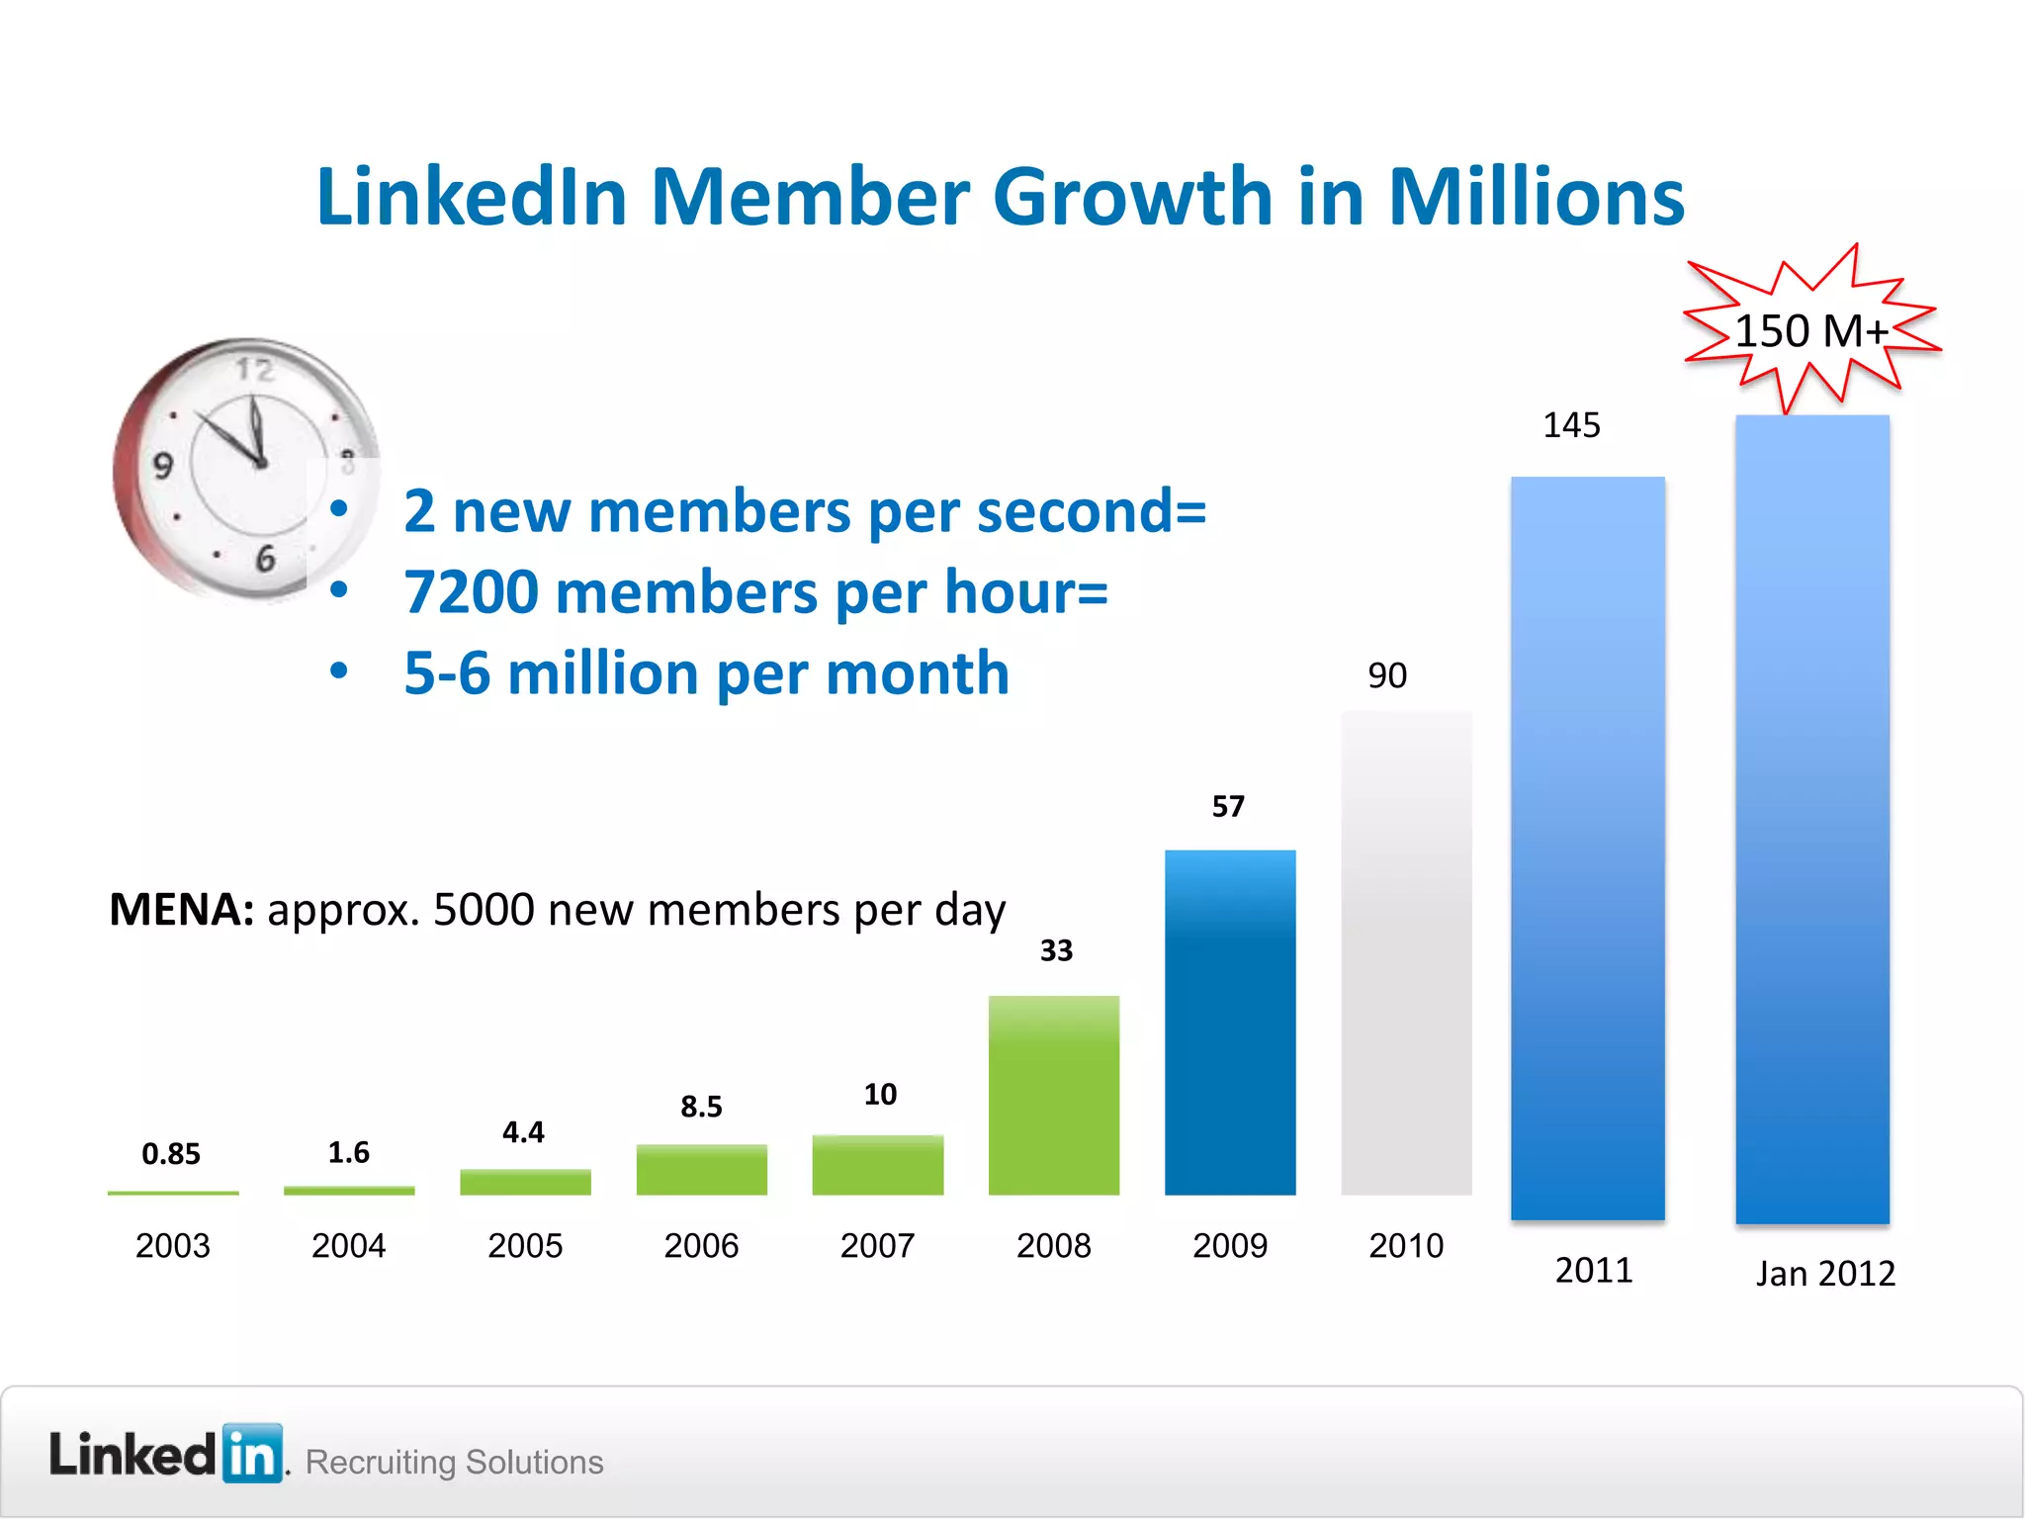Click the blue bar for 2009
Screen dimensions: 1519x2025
pos(1230,1023)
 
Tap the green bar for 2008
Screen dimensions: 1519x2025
pos(1054,1095)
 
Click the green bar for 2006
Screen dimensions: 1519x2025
pos(701,1169)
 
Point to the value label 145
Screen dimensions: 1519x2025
pos(1571,425)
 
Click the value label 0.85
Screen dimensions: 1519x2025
pos(171,1153)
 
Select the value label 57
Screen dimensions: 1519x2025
pos(1228,806)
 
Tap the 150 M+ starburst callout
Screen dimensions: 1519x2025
pos(1811,330)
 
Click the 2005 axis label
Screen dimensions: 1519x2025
pos(525,1245)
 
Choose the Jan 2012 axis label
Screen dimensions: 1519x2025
pos(1825,1273)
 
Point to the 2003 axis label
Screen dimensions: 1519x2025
pos(173,1245)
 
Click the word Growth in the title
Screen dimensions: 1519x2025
pos(1132,196)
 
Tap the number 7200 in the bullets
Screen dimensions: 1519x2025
pos(470,592)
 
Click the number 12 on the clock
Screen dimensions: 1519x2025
pos(254,371)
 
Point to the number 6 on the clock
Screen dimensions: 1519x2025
pos(265,559)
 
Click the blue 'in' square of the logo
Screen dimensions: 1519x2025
pos(253,1454)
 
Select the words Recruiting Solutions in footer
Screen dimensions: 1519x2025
pos(454,1462)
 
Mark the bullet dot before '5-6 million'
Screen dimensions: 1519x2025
pos(339,671)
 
